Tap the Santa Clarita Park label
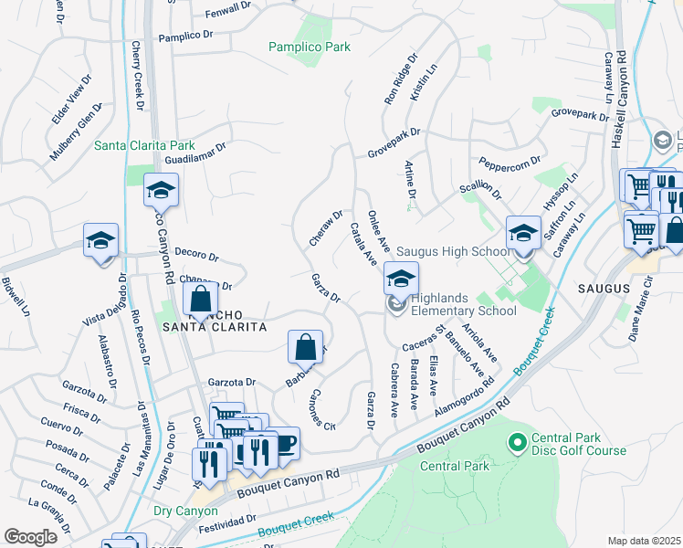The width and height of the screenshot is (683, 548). [x=145, y=145]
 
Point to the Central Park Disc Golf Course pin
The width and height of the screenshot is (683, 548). [x=516, y=444]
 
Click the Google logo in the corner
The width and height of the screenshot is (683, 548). [x=31, y=536]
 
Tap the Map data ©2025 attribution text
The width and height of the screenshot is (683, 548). [x=643, y=541]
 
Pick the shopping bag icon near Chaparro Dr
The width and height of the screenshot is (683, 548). [x=200, y=299]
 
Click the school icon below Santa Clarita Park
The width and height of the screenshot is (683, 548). [x=161, y=191]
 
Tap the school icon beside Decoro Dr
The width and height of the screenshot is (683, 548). [x=100, y=241]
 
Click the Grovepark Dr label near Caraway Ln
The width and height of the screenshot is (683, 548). [x=579, y=116]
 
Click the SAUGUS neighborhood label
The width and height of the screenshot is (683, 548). [x=604, y=289]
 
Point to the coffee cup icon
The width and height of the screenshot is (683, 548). [x=284, y=444]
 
